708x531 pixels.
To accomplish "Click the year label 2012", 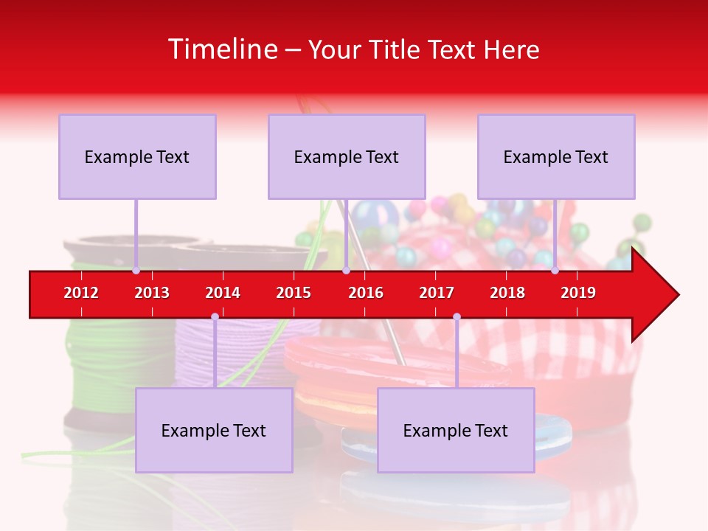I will click(x=81, y=293).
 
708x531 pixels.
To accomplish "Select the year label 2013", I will click(x=152, y=293).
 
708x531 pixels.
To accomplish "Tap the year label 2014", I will click(x=223, y=293).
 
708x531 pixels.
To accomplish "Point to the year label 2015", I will click(x=294, y=293).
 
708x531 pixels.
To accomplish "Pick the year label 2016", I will click(x=366, y=293).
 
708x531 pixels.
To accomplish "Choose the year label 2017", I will click(x=437, y=293).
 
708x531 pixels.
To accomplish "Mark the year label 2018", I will click(x=507, y=293).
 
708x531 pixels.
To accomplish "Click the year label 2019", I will click(x=578, y=293).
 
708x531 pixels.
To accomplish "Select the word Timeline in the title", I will click(x=222, y=49).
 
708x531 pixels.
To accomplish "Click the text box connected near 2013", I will click(x=137, y=156).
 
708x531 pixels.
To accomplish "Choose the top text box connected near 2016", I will click(x=347, y=156).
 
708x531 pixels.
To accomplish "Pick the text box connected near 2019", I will click(x=556, y=156).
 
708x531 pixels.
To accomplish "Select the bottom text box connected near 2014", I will click(x=214, y=430).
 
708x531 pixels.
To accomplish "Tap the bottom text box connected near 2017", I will click(x=456, y=430).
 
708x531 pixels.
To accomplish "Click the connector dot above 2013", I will click(x=136, y=271).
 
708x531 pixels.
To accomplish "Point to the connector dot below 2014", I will click(x=215, y=317).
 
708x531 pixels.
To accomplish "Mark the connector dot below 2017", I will click(x=457, y=317).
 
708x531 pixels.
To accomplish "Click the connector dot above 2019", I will click(x=555, y=271).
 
